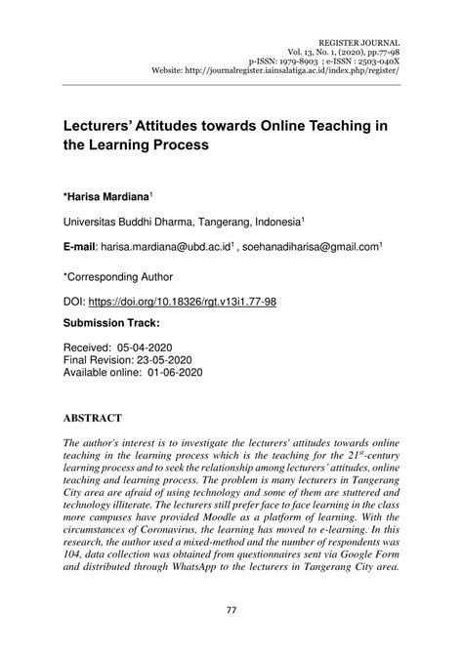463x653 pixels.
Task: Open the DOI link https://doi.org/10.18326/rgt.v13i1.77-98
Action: click(185, 303)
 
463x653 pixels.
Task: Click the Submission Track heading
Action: click(112, 322)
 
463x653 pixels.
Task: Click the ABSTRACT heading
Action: click(93, 417)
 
